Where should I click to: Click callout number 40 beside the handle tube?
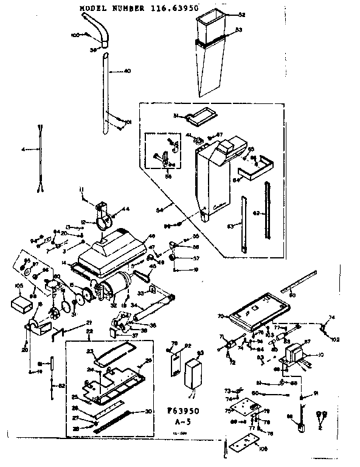click(x=127, y=71)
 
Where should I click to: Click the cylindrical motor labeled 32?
click(x=117, y=285)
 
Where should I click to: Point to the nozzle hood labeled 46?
click(x=119, y=251)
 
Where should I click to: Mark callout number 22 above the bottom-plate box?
click(x=90, y=331)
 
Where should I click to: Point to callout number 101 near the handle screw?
click(x=128, y=122)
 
